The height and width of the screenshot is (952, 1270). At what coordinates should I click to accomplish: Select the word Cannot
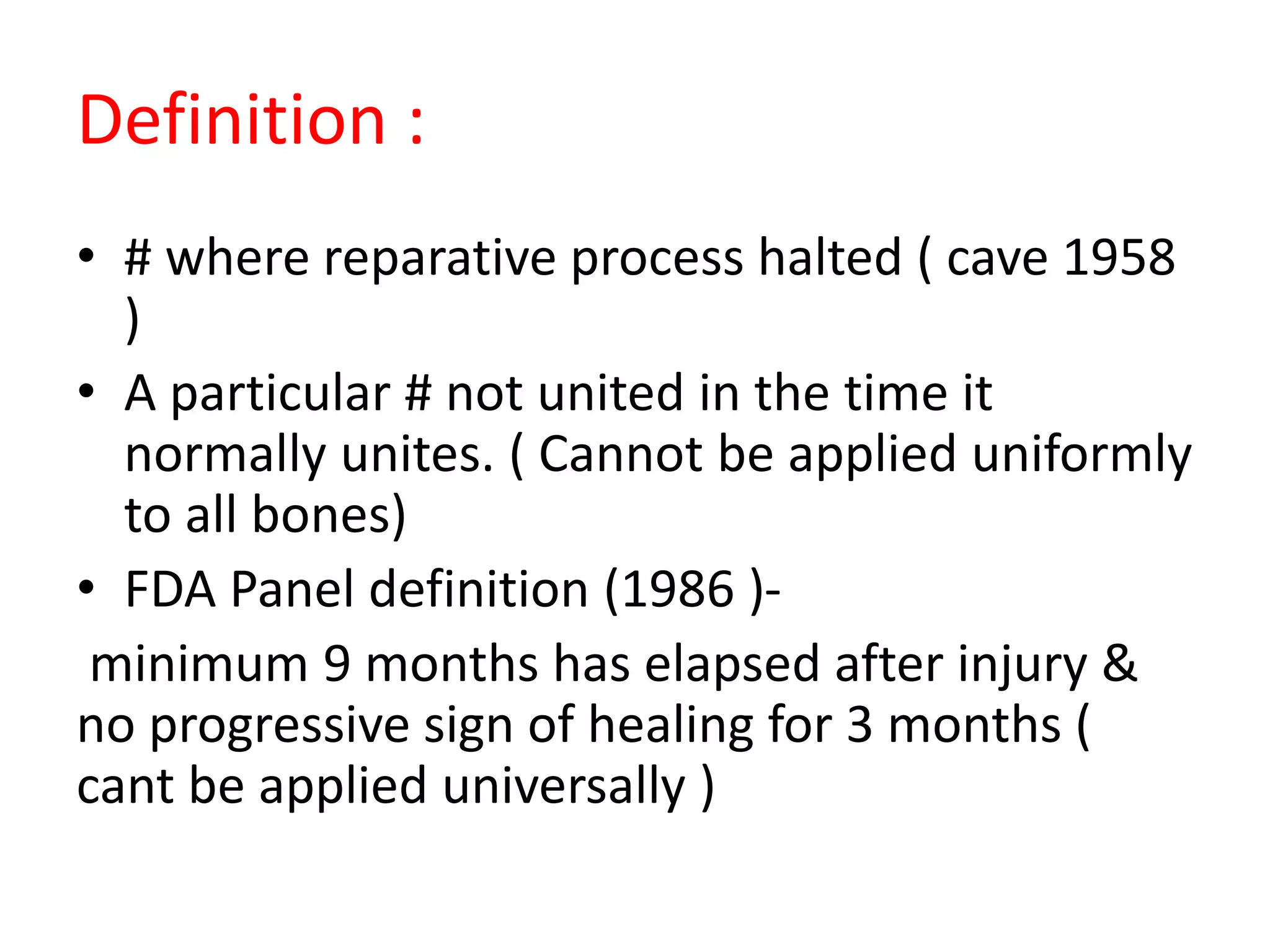(x=621, y=454)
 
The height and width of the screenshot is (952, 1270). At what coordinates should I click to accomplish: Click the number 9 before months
(x=337, y=664)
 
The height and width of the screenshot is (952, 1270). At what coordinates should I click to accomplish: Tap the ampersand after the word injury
(x=1119, y=663)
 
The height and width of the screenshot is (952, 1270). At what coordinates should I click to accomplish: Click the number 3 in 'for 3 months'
(x=859, y=725)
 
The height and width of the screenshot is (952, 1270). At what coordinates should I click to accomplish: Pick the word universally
(x=564, y=787)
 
